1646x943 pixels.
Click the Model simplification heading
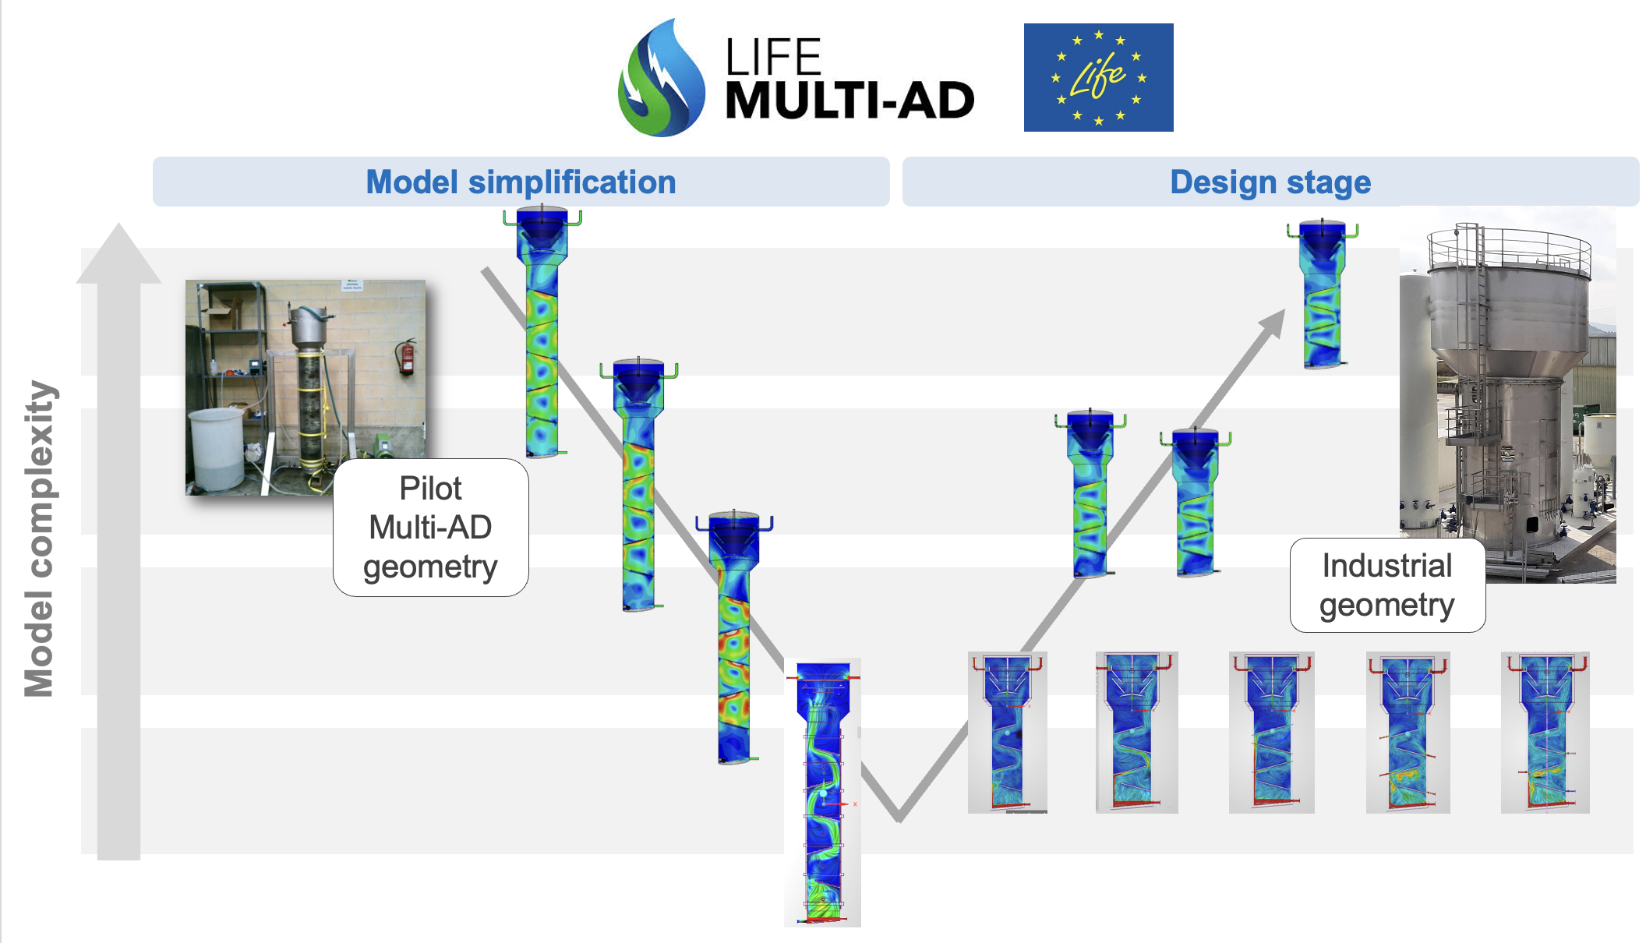(521, 182)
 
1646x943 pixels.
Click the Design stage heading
(1270, 182)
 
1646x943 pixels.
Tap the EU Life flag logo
(1098, 77)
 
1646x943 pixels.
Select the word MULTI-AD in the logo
(849, 101)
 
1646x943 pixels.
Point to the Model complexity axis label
(39, 538)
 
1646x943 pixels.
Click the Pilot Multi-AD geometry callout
(431, 528)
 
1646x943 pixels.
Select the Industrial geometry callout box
(1387, 585)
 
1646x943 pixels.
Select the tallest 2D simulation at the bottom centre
(822, 793)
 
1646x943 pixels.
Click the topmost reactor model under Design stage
(1323, 295)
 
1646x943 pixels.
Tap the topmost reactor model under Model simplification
(542, 331)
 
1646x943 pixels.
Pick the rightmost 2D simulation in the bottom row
(1545, 733)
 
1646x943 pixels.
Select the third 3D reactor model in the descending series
(734, 637)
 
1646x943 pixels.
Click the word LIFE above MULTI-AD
(773, 57)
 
